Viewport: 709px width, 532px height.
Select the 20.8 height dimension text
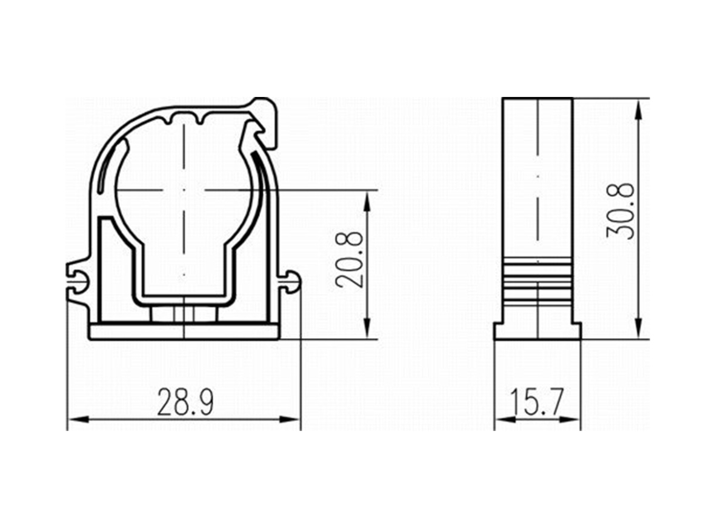point(350,259)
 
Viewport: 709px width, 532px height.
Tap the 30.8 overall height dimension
point(621,211)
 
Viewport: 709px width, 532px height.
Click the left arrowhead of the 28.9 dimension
point(78,420)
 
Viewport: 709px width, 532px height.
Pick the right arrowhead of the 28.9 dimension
point(290,420)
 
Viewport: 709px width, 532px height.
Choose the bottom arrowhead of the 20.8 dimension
point(367,328)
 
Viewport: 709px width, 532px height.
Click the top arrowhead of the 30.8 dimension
point(639,110)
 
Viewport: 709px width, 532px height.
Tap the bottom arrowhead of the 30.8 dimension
point(639,328)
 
